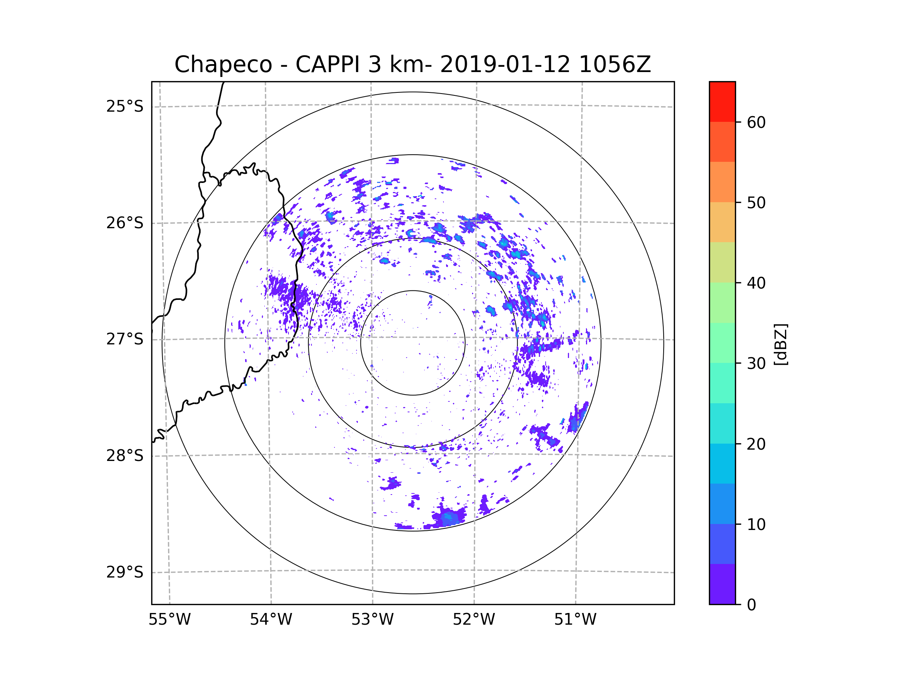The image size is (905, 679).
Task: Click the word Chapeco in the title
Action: point(223,65)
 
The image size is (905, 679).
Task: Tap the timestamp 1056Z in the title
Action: point(615,65)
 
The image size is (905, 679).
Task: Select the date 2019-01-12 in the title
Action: point(505,65)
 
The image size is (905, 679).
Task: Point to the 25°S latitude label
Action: point(125,106)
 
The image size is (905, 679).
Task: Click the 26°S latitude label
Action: point(125,223)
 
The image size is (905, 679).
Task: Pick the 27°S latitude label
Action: point(125,339)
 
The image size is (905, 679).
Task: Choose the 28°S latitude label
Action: point(125,456)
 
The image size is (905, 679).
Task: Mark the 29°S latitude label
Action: point(125,572)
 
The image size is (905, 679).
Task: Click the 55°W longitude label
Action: point(169,620)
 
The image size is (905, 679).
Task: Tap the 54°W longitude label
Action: point(271,620)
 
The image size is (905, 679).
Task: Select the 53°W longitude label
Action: point(372,620)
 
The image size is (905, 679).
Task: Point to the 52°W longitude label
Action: point(474,620)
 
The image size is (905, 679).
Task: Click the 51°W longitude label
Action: point(575,620)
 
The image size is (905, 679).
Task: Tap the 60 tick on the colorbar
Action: point(756,122)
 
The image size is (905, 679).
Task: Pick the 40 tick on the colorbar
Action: point(756,283)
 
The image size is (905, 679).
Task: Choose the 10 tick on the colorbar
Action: point(756,524)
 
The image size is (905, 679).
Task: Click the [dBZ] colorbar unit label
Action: point(781,344)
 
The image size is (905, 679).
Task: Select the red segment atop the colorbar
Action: point(722,101)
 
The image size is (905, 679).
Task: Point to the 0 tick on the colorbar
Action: point(752,605)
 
